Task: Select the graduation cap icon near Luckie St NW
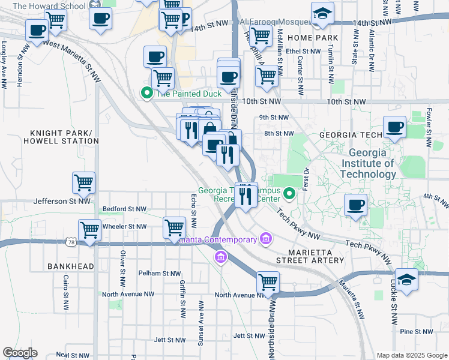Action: (x=406, y=280)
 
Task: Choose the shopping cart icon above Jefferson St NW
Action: (x=83, y=182)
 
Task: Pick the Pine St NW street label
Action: (x=417, y=331)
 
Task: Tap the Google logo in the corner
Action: (x=20, y=353)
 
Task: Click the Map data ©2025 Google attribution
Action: (x=412, y=355)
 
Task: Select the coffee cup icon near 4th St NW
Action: (x=355, y=205)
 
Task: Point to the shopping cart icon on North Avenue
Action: (x=268, y=281)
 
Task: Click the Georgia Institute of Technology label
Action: (x=368, y=163)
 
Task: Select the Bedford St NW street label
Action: (x=125, y=209)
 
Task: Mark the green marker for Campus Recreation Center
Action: (x=289, y=193)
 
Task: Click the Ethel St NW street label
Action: (x=304, y=52)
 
